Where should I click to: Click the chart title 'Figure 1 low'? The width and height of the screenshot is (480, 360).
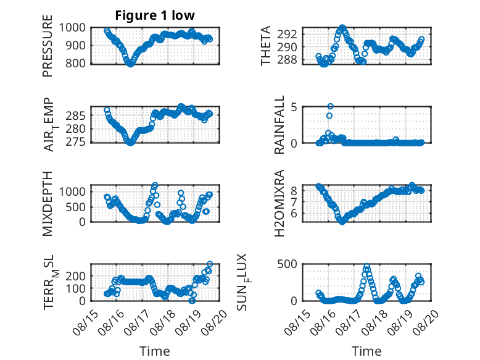click(155, 15)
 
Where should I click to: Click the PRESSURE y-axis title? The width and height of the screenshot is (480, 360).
click(48, 46)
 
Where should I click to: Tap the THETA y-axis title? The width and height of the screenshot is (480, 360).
click(266, 46)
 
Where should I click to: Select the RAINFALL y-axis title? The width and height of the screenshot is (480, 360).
click(279, 125)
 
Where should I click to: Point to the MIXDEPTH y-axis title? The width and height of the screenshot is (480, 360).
click(48, 203)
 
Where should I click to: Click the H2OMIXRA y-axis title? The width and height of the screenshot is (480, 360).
click(279, 203)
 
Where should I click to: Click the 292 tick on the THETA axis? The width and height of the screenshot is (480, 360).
click(287, 34)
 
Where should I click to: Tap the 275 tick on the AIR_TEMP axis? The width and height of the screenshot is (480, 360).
click(76, 142)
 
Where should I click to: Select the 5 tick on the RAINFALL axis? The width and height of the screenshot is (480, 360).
click(294, 107)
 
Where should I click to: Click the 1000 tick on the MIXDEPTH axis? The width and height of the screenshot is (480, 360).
click(72, 192)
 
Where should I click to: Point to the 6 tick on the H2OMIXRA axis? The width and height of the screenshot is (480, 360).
click(294, 213)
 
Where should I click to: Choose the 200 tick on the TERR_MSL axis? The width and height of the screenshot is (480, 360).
click(76, 276)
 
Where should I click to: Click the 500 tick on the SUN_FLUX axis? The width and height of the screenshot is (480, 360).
click(287, 264)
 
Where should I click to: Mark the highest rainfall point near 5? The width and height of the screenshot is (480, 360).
click(330, 106)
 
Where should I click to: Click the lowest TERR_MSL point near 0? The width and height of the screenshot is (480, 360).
click(192, 301)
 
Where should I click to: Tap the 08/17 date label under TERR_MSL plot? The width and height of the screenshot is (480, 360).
click(136, 322)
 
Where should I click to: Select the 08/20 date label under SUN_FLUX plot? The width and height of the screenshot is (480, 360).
click(426, 322)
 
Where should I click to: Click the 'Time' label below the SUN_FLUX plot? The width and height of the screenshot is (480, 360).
click(366, 351)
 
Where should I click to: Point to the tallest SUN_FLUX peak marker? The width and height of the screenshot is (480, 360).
click(366, 267)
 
